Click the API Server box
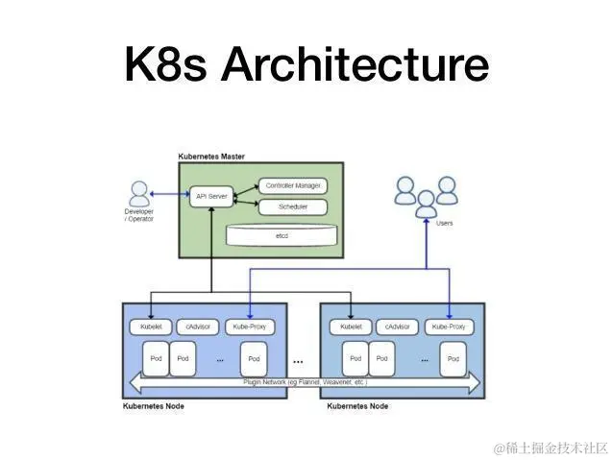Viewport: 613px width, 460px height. (x=210, y=196)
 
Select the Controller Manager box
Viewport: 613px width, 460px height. (x=292, y=185)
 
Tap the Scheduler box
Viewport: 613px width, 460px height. (x=292, y=206)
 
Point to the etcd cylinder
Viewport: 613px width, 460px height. (x=282, y=233)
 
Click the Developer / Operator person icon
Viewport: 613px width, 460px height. (x=139, y=193)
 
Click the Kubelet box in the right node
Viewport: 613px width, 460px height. (x=351, y=327)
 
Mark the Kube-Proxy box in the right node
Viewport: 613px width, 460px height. (x=450, y=327)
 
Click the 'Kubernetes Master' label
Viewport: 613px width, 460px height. (x=211, y=156)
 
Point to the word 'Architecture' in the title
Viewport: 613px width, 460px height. (x=355, y=66)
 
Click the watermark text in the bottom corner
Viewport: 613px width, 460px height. (x=551, y=448)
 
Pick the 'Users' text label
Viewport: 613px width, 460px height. (x=444, y=223)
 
